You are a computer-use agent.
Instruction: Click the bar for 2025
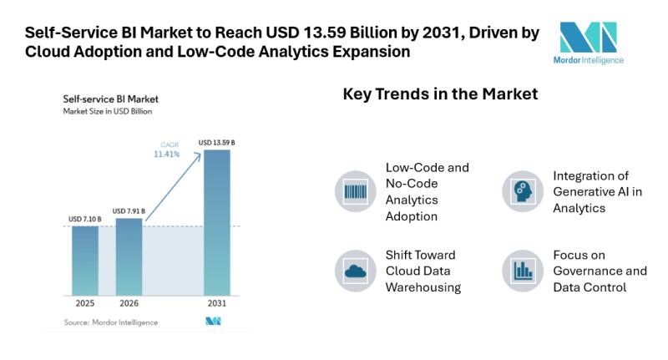coord(84,260)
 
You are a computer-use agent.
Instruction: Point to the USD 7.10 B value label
coord(85,219)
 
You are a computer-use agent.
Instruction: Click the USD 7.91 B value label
coord(129,210)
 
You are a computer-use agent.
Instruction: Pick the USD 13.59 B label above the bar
coord(216,143)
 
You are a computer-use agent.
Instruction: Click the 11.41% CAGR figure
coord(167,155)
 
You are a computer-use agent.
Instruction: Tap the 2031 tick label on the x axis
coord(216,304)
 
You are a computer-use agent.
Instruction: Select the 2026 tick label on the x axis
coord(129,304)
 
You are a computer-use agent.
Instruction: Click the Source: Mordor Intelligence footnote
coord(110,322)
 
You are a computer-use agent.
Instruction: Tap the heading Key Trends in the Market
coord(440,94)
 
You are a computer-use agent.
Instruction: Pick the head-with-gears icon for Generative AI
coord(523,191)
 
